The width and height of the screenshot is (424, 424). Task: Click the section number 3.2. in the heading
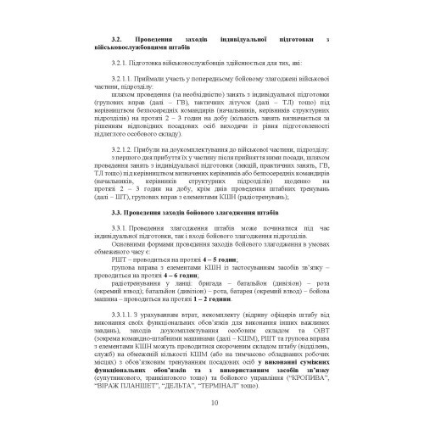click(117, 40)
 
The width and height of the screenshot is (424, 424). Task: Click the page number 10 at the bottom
click(212, 403)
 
